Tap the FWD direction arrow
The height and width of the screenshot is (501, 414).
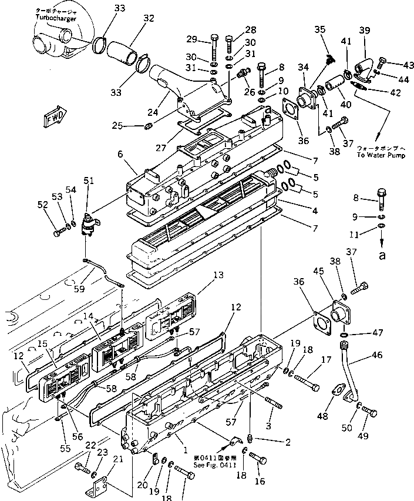(55, 116)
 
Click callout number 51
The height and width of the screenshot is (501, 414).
(89, 181)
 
